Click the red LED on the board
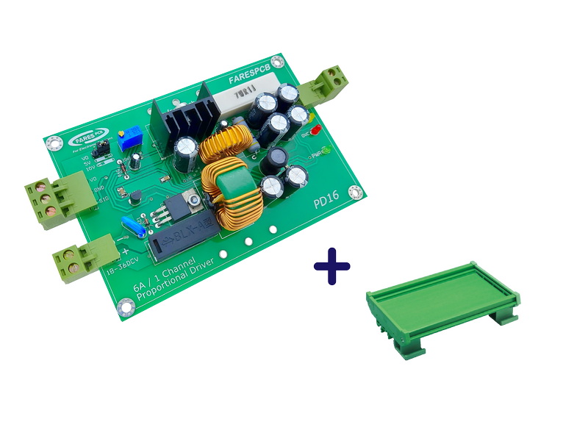(315, 130)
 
